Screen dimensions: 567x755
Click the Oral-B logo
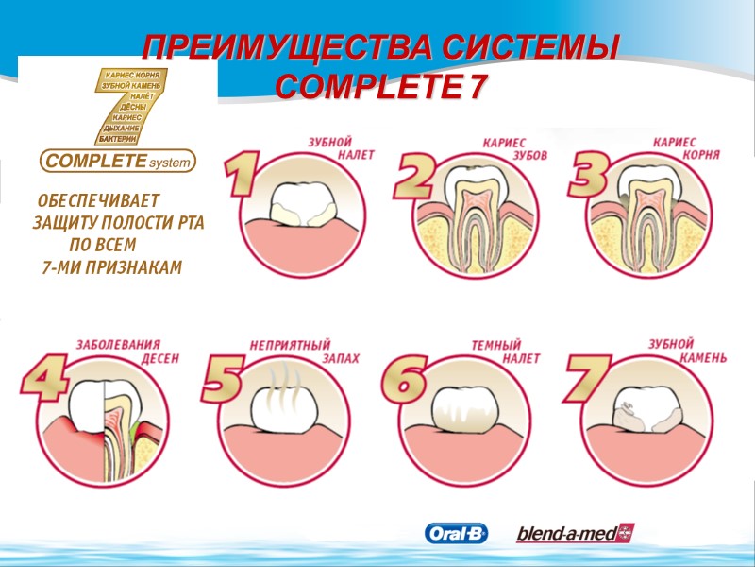[x=457, y=534]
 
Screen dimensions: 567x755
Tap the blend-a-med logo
[x=575, y=534]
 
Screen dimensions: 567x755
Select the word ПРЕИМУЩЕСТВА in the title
[x=288, y=47]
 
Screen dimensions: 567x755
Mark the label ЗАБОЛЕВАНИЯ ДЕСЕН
[x=127, y=352]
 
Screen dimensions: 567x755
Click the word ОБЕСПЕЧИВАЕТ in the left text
[x=98, y=202]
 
